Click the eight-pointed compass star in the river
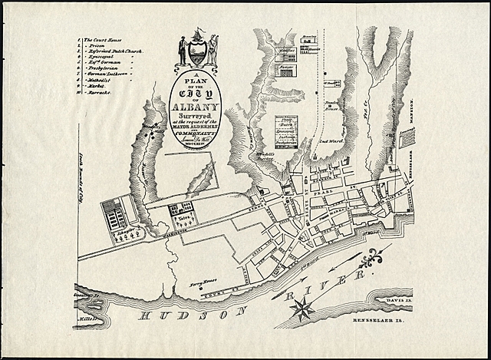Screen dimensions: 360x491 pos(302,309)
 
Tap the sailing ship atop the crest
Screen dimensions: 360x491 pos(198,34)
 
